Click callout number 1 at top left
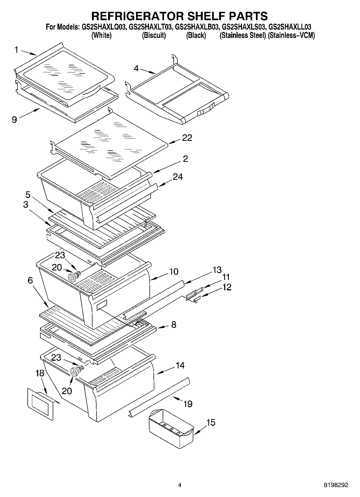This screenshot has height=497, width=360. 16,50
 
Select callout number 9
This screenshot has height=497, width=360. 14,119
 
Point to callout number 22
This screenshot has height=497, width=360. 187,138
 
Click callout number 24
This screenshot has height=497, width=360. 178,177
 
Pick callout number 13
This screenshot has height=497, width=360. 217,270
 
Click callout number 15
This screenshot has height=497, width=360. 211,423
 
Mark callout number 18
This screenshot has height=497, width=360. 40,373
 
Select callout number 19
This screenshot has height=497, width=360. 188,403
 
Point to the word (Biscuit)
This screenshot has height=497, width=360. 154,35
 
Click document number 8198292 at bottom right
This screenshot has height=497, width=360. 335,485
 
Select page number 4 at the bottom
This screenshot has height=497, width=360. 180,485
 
